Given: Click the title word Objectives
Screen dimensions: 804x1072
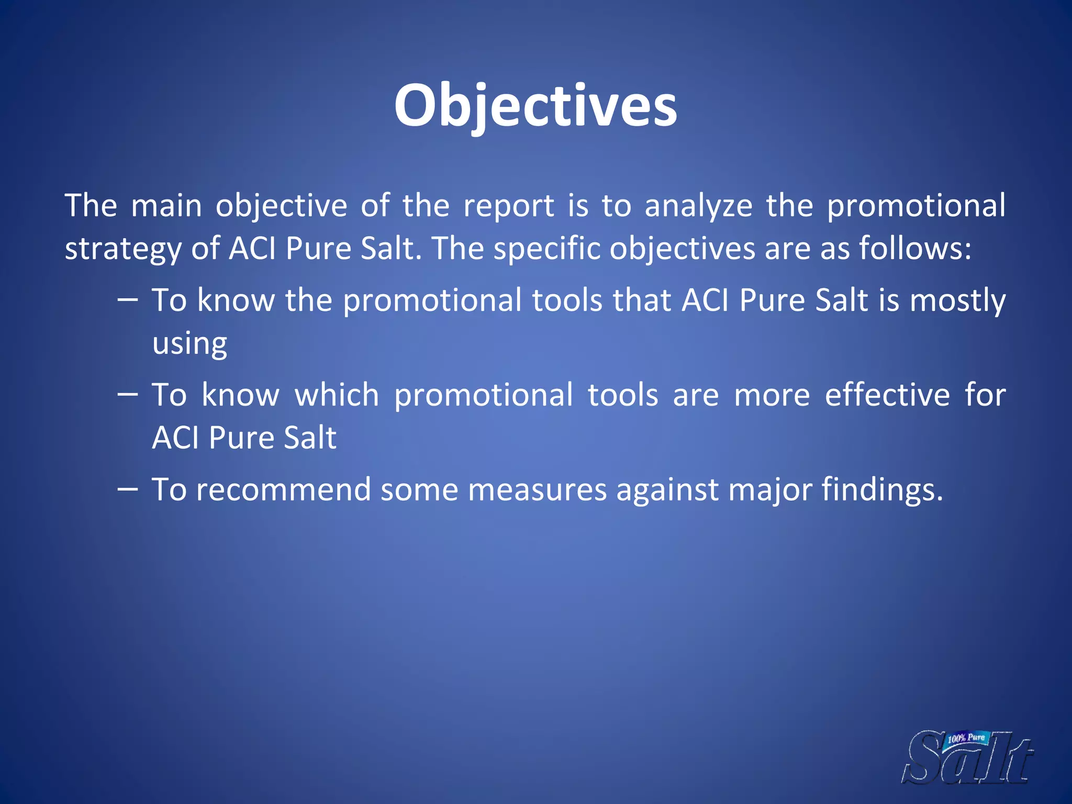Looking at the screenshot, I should (535, 106).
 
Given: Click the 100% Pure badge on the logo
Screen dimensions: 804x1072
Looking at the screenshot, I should (966, 739).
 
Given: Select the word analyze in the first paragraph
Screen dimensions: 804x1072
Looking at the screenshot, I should (698, 206).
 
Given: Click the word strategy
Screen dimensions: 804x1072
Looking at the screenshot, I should (122, 249).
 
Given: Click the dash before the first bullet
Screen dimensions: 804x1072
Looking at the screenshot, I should (128, 300).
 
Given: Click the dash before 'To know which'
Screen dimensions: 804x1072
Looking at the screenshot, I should (128, 395).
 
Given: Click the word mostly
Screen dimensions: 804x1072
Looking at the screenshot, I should (957, 301).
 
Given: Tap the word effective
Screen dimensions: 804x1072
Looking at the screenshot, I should (887, 395).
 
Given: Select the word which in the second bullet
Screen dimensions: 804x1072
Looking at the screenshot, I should (337, 395).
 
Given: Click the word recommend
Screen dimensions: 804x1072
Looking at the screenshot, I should (283, 489).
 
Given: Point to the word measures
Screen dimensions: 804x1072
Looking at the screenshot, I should (537, 489).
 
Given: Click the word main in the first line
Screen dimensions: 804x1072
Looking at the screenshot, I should (166, 206).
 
